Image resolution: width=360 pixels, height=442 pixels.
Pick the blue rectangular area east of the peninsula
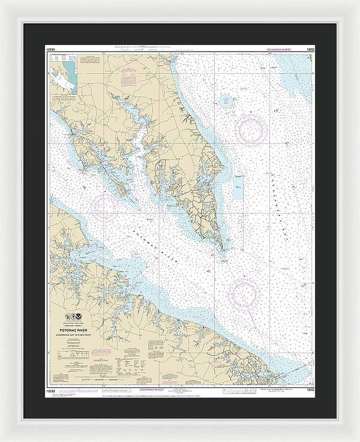point(238,190)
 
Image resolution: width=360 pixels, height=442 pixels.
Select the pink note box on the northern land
point(130,79)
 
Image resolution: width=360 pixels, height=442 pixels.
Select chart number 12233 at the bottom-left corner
point(52,390)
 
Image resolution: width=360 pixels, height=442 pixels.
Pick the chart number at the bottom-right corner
point(309,390)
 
